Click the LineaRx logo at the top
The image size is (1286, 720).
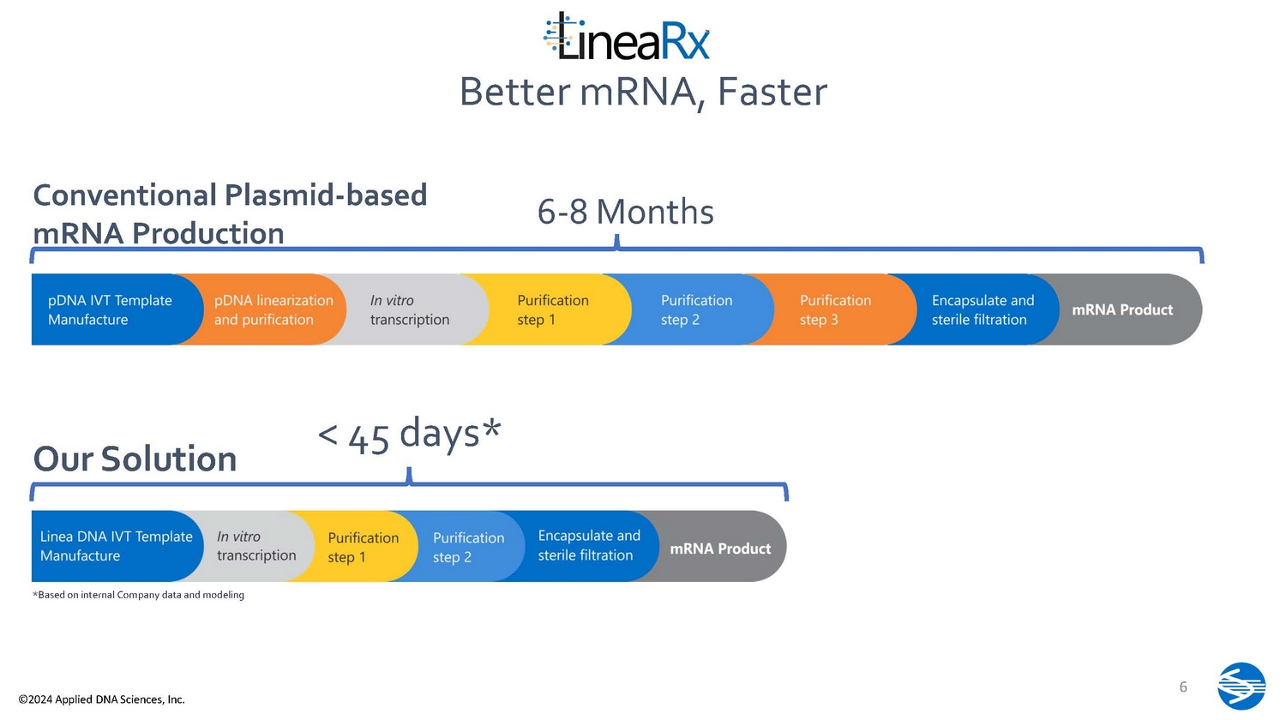coord(627,38)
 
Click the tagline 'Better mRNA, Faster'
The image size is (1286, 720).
coord(643,93)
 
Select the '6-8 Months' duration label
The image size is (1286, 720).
coord(625,212)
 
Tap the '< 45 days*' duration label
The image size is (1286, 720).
coord(409,435)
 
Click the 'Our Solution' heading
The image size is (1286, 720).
coord(135,459)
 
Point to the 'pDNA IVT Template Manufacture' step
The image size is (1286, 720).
coord(109,309)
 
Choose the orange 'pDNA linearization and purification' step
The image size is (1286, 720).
coord(273,309)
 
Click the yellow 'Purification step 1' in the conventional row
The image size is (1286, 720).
coord(552,309)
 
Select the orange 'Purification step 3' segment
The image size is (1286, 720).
coord(835,309)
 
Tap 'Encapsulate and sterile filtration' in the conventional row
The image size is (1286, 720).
coord(983,309)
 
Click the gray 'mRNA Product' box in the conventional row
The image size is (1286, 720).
coord(1122,309)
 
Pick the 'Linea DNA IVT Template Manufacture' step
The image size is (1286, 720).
coord(115,546)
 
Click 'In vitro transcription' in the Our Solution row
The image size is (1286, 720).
coord(255,546)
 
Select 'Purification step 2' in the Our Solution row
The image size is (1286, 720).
coord(468,547)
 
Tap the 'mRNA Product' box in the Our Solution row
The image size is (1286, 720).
coord(720,548)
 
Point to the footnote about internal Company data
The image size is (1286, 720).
coord(138,595)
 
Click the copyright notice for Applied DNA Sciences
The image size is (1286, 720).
coord(101,699)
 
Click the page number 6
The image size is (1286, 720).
coord(1183,687)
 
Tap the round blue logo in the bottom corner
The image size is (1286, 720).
coord(1241,686)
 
